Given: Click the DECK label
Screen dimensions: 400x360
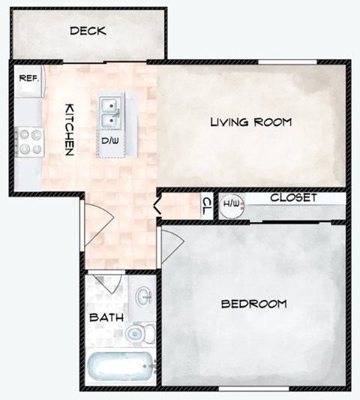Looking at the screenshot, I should tap(87, 32).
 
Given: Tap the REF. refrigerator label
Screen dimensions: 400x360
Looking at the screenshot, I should tap(28, 77).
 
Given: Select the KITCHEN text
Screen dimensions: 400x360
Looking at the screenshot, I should tap(68, 129).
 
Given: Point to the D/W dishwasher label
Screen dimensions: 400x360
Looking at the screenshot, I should tap(109, 140).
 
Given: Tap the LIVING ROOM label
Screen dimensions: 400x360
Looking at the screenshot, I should tap(250, 122).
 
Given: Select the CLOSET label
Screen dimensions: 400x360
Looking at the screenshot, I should tap(293, 198).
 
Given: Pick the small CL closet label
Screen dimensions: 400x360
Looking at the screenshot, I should tap(207, 205).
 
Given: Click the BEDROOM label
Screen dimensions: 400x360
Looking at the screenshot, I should tap(254, 304).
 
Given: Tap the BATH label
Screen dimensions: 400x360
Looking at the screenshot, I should tap(107, 317).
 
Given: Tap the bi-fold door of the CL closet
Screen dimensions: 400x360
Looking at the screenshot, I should tap(158, 204).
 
